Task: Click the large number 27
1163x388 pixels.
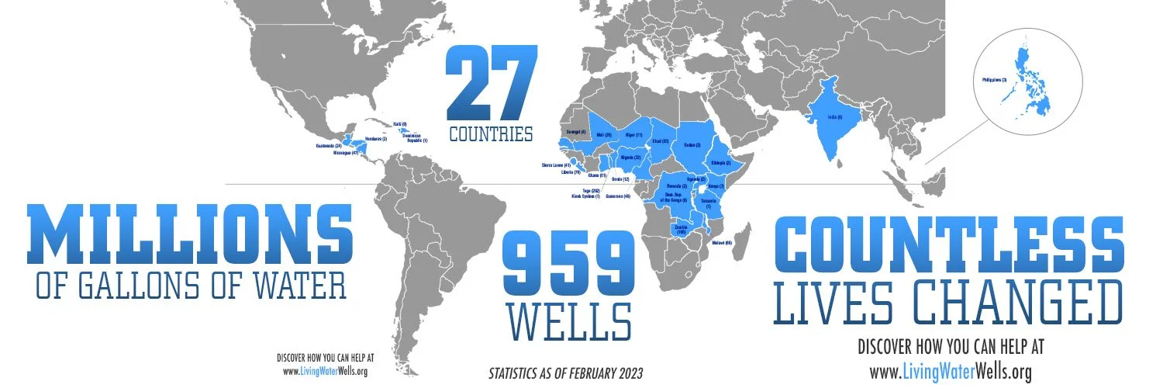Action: click(x=491, y=83)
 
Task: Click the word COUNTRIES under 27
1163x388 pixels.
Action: click(x=491, y=133)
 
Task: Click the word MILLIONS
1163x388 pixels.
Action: click(x=190, y=232)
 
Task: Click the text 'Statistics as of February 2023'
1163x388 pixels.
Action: click(x=565, y=374)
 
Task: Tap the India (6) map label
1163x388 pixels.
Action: click(x=833, y=116)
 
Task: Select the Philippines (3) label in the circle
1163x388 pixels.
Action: click(x=994, y=80)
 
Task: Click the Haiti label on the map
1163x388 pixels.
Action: click(x=400, y=124)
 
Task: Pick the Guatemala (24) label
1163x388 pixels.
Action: click(x=330, y=145)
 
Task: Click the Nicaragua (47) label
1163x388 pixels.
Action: click(x=344, y=153)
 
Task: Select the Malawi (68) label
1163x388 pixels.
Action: click(x=722, y=243)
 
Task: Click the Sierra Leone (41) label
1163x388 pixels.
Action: click(x=556, y=165)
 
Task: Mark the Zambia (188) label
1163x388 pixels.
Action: click(x=682, y=229)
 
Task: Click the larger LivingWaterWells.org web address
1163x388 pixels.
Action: click(x=951, y=372)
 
